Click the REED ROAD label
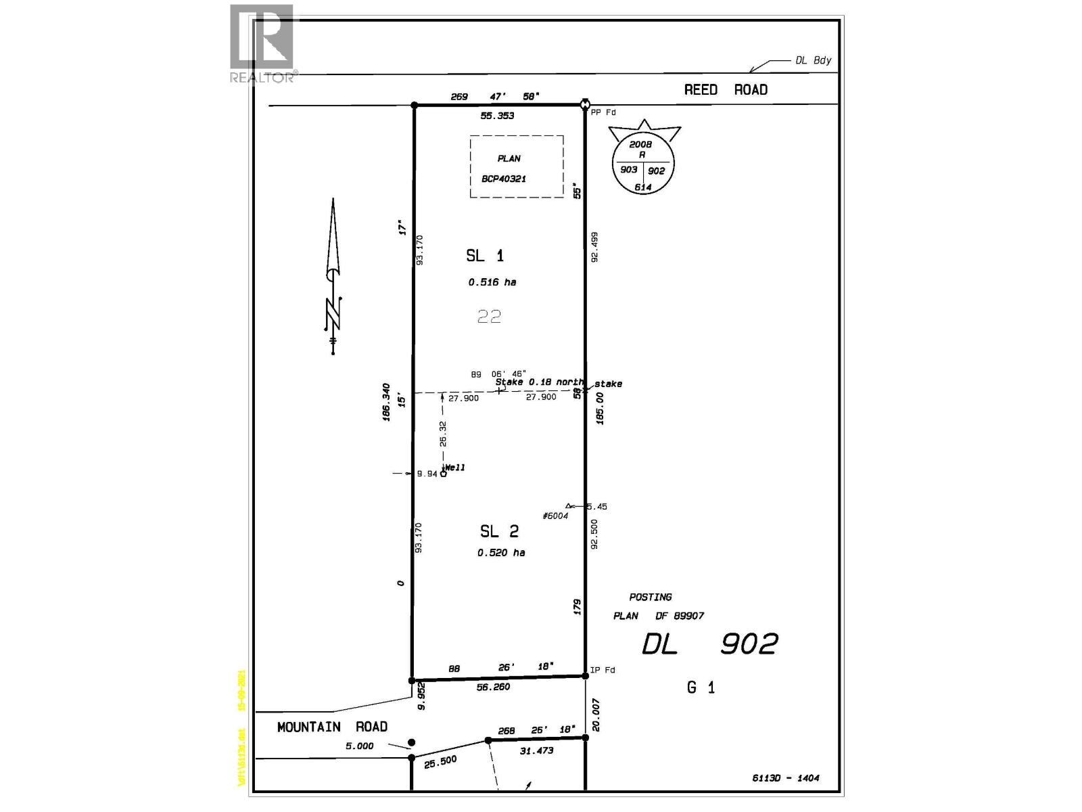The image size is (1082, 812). click(725, 89)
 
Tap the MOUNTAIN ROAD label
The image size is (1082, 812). click(332, 727)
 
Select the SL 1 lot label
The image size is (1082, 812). click(484, 255)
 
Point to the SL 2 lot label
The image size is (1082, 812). click(499, 531)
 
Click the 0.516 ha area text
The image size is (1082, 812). click(492, 282)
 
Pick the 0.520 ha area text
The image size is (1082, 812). click(500, 553)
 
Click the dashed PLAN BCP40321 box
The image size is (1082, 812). click(517, 166)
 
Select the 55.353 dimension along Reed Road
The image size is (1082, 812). click(497, 116)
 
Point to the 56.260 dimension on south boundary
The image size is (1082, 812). click(493, 687)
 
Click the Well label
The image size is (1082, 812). click(454, 468)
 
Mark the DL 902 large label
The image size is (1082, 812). click(709, 644)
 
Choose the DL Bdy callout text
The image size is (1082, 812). click(813, 60)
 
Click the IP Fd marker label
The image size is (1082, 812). click(603, 670)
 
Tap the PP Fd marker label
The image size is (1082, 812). click(603, 112)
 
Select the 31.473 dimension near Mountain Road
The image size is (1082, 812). click(536, 750)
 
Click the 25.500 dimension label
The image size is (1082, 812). click(440, 762)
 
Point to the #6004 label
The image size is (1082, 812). click(555, 516)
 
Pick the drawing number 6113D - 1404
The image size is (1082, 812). click(785, 778)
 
